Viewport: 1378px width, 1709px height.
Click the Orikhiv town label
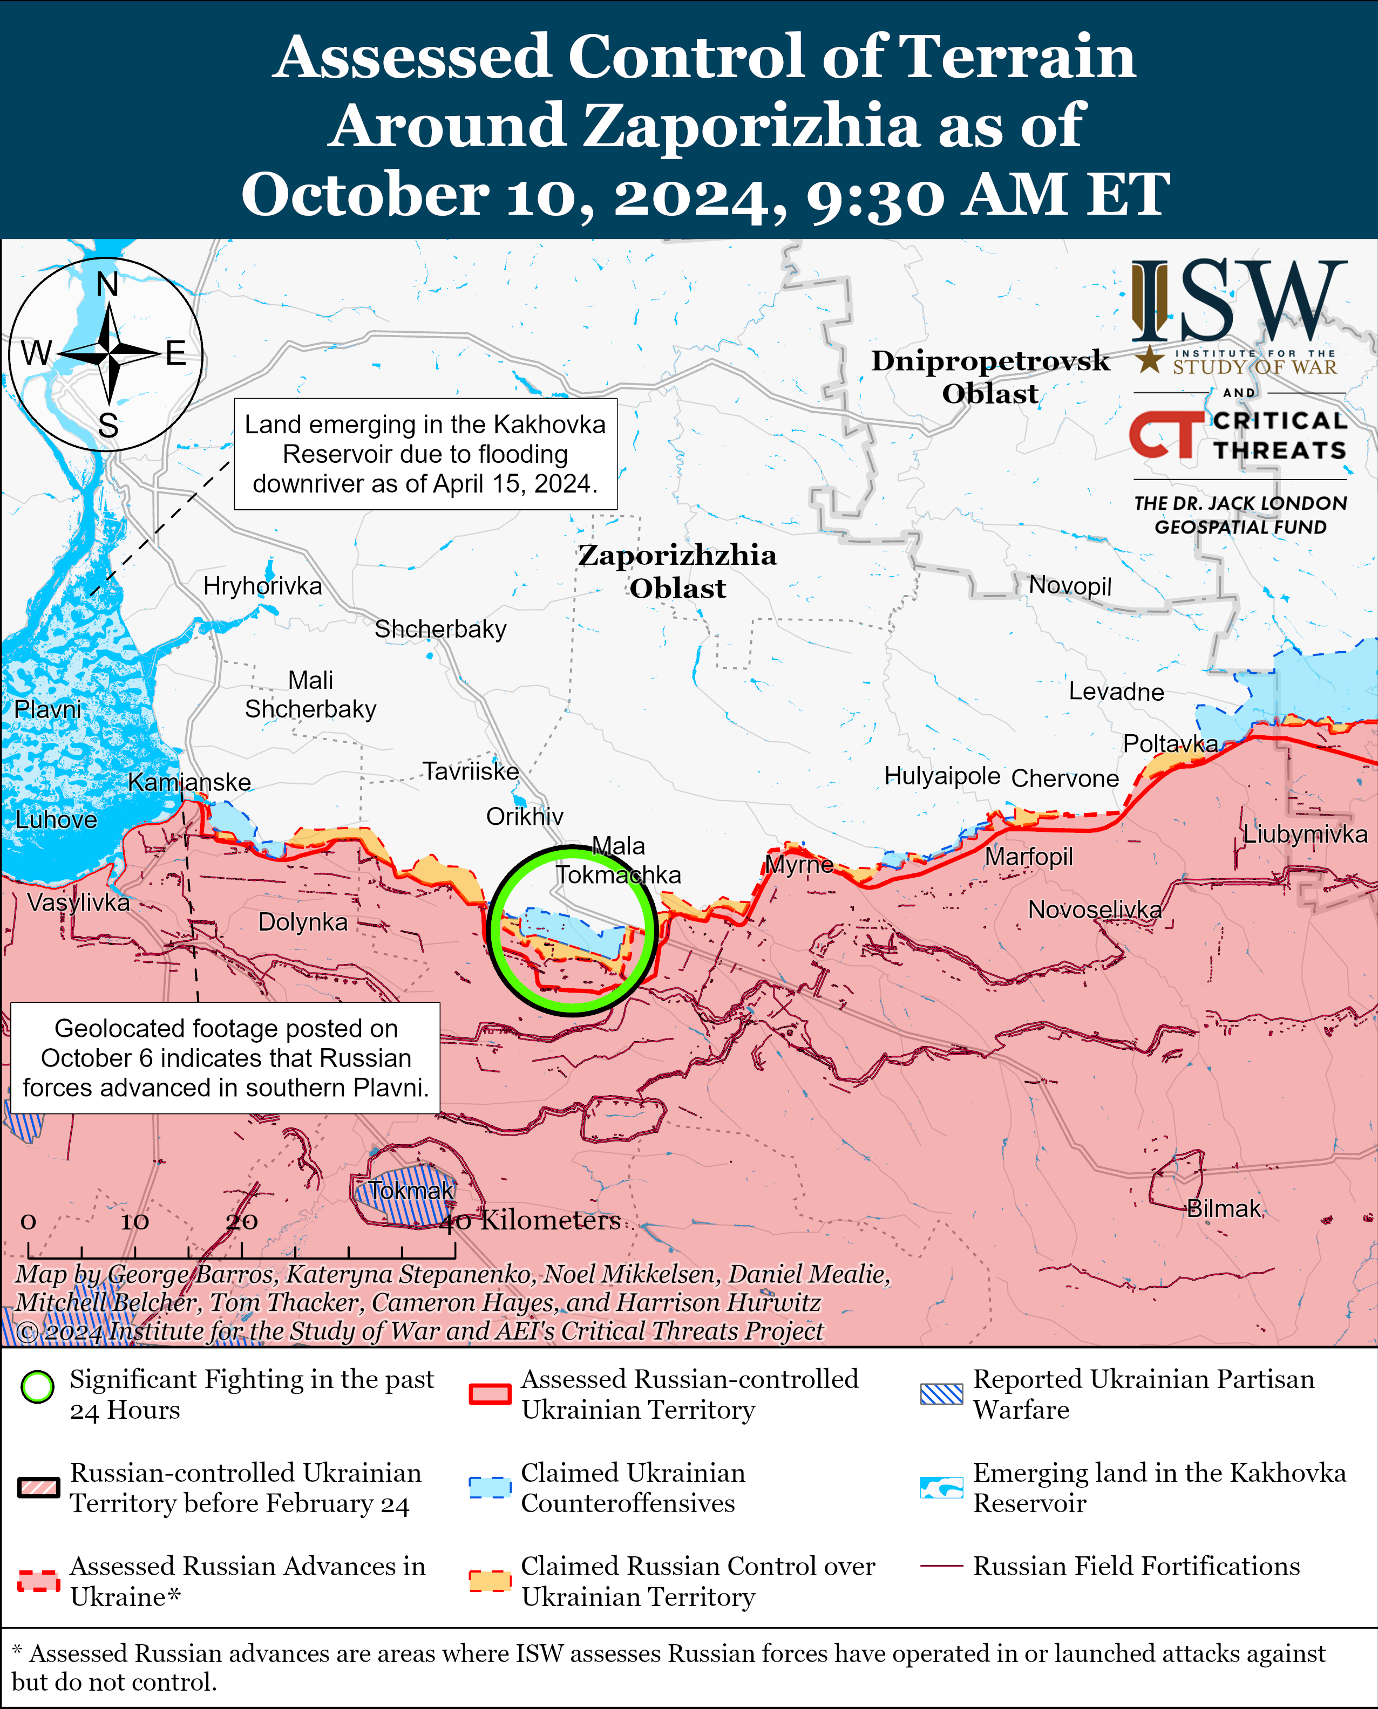coord(525,816)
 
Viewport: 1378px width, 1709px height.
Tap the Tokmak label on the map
coord(411,1190)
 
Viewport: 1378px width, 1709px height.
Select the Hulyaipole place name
coord(942,775)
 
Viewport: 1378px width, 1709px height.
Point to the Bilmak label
coord(1223,1208)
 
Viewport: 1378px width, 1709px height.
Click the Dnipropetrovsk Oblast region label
coord(990,377)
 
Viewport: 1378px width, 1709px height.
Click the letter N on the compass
coord(107,284)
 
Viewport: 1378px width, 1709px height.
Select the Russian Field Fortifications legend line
coord(941,1566)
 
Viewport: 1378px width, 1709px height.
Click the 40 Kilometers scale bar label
coord(530,1220)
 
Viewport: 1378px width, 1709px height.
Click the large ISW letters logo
coord(1238,302)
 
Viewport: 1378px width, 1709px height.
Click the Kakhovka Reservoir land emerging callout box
coord(425,454)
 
